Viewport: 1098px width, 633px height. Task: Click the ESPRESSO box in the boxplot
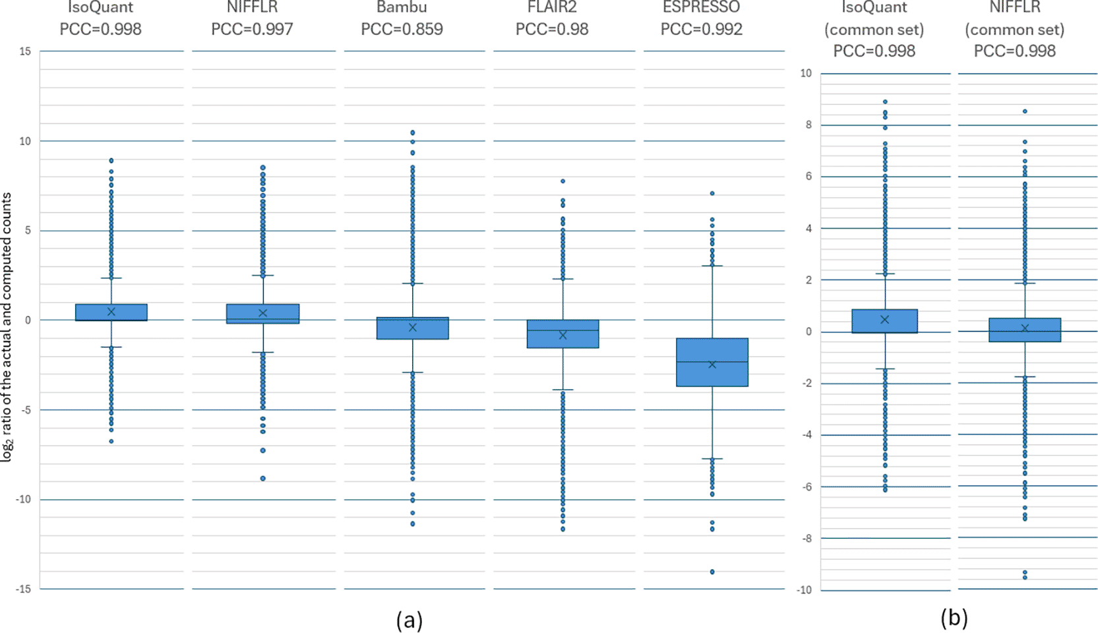712,362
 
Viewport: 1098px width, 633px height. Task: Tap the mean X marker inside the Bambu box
413,327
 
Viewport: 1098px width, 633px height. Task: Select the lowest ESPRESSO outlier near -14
712,572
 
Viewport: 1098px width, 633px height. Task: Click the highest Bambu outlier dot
413,133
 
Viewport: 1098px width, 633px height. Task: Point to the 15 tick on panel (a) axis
25,51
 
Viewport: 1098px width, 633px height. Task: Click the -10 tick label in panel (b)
804,590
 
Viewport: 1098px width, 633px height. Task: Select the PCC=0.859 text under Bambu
402,29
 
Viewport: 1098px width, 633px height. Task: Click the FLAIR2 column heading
552,8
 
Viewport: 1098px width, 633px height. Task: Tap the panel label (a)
410,620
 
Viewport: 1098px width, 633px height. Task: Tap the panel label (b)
954,618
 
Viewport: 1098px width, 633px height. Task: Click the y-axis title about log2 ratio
7,326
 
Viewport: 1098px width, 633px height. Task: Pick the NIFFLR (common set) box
1025,330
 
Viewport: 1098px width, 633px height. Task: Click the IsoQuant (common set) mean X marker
885,319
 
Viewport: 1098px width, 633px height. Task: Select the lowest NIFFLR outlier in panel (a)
263,478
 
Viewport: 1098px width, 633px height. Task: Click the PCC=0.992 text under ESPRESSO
702,29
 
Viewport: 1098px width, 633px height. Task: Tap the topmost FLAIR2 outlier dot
563,181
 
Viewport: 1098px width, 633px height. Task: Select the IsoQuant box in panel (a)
111,312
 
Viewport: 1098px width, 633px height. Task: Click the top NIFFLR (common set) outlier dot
1025,111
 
